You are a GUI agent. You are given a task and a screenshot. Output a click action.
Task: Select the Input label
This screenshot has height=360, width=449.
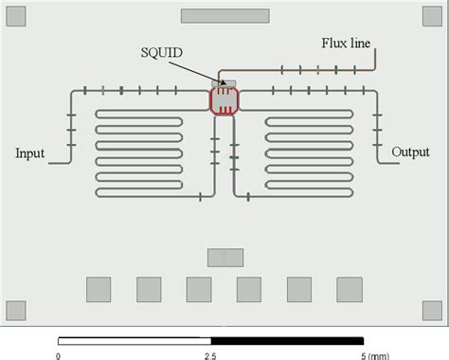[x=31, y=153]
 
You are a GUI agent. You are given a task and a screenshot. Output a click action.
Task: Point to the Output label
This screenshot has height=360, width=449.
[x=411, y=152]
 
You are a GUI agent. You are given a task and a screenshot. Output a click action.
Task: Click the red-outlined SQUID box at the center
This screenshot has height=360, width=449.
[x=224, y=99]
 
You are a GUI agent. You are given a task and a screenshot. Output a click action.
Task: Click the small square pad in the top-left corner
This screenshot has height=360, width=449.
[x=15, y=15]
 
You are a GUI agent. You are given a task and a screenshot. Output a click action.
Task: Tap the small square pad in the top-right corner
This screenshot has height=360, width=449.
[x=433, y=15]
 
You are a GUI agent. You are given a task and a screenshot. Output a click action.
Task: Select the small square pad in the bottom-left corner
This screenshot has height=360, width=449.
[x=15, y=310]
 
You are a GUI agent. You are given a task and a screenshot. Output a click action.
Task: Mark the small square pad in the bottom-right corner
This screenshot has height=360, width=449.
[x=433, y=310]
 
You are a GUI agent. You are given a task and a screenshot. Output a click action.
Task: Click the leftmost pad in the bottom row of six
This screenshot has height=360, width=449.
[x=99, y=289]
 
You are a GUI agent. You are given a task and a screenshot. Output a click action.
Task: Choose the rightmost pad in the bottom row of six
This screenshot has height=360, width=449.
[x=350, y=289]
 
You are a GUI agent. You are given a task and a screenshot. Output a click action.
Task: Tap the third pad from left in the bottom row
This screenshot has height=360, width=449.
[x=199, y=289]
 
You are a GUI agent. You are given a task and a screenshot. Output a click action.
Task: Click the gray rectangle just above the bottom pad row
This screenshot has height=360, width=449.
[x=224, y=257]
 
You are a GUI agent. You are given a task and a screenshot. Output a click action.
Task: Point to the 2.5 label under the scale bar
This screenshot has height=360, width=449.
[x=210, y=355]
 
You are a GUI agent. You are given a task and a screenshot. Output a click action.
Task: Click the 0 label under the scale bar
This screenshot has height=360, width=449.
[x=58, y=355]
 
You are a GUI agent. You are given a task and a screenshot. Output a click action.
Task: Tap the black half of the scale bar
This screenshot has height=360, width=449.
[x=286, y=340]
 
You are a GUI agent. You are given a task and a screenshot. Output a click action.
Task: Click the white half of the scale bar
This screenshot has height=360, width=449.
[x=134, y=340]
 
